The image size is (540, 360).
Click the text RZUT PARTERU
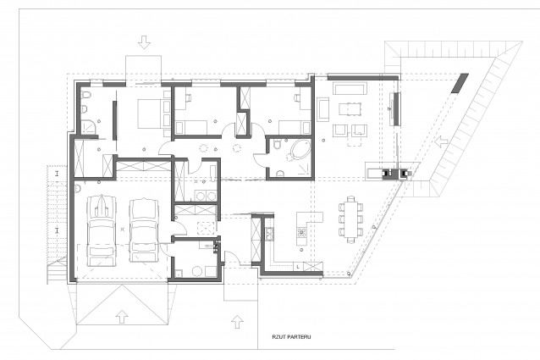[x=291, y=336]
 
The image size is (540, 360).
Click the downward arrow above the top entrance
[x=144, y=42]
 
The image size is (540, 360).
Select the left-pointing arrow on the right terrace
[x=441, y=141]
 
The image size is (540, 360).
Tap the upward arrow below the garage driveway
[x=121, y=316]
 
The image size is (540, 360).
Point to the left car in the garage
[x=101, y=230]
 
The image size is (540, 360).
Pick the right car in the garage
[x=144, y=230]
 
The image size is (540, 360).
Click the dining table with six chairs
[x=350, y=219]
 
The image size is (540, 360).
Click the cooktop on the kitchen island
[x=302, y=232]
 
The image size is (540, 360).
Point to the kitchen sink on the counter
[x=269, y=234]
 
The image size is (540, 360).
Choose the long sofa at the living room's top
[x=349, y=88]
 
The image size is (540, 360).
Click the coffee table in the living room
[x=350, y=109]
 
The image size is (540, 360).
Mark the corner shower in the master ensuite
[x=90, y=126]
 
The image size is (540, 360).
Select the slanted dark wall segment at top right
[x=460, y=83]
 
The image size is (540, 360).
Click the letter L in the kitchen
[x=298, y=266]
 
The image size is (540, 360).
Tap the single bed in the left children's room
[x=190, y=127]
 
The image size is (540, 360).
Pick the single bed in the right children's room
[x=294, y=127]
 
